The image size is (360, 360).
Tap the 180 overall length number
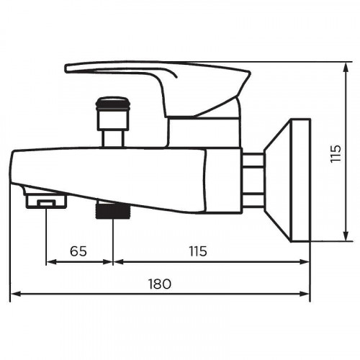(x=161, y=284)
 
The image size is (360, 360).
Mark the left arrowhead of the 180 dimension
(x=14, y=294)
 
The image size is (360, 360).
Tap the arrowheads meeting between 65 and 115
(x=113, y=261)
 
